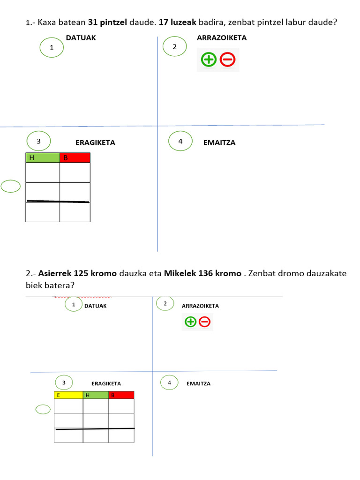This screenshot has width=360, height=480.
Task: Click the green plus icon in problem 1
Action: pyautogui.click(x=209, y=60)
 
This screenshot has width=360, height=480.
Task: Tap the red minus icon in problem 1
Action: pyautogui.click(x=227, y=60)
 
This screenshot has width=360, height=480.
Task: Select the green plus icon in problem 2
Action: pyautogui.click(x=190, y=322)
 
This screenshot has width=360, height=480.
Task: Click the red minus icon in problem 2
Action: pyautogui.click(x=204, y=322)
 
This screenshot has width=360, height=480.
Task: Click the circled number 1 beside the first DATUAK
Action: pyautogui.click(x=52, y=47)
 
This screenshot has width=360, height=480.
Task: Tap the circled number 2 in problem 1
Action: pyautogui.click(x=174, y=46)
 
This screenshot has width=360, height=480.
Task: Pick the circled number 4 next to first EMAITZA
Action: pyautogui.click(x=180, y=141)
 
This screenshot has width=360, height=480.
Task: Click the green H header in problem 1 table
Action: pyautogui.click(x=43, y=157)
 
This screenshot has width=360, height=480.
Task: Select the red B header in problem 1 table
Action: pyautogui.click(x=75, y=157)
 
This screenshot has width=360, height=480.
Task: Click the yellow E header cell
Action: pyautogui.click(x=68, y=395)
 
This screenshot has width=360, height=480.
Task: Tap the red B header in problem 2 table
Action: pyautogui.click(x=121, y=395)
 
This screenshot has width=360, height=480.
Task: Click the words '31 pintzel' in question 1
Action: pyautogui.click(x=107, y=22)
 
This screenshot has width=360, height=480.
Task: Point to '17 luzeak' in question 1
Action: pyautogui.click(x=178, y=22)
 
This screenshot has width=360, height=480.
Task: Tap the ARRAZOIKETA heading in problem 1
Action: pyautogui.click(x=222, y=37)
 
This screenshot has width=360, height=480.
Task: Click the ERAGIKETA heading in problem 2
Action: pyautogui.click(x=106, y=383)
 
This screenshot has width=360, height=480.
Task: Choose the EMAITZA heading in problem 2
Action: pyautogui.click(x=199, y=383)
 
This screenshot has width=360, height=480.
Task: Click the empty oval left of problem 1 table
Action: pyautogui.click(x=11, y=186)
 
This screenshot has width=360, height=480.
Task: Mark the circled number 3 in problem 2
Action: pyautogui.click(x=64, y=382)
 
